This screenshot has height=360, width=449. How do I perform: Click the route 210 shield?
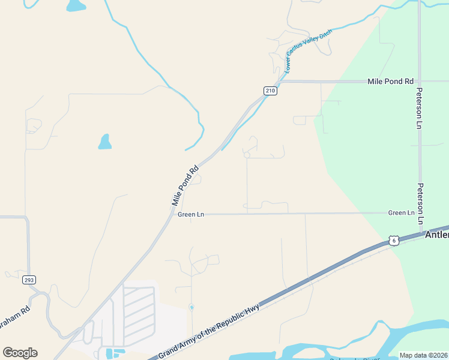pos(270,91)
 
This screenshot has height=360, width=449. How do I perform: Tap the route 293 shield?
pos(29,280)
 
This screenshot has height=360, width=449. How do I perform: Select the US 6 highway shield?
pos(393,240)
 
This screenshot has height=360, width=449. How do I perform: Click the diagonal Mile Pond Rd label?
pos(185,186)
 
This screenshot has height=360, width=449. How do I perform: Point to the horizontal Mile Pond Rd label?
pos(391,81)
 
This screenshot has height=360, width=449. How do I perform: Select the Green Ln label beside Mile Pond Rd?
pos(191,214)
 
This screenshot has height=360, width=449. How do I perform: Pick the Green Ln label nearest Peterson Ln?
pos(401,213)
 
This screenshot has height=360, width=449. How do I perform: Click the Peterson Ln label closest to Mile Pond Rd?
pos(420,109)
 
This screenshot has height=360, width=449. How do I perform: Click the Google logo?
pos(20,353)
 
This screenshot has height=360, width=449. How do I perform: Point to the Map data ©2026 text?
pos(423,355)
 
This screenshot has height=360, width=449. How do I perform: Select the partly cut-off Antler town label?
pos(436,235)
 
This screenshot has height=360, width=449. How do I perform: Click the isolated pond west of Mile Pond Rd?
pos(105,142)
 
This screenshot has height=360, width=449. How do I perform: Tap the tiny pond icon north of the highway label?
pos(191,307)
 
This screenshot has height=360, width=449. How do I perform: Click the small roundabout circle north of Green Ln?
pos(247,155)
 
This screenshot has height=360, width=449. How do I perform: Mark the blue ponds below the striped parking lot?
pos(111,352)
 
